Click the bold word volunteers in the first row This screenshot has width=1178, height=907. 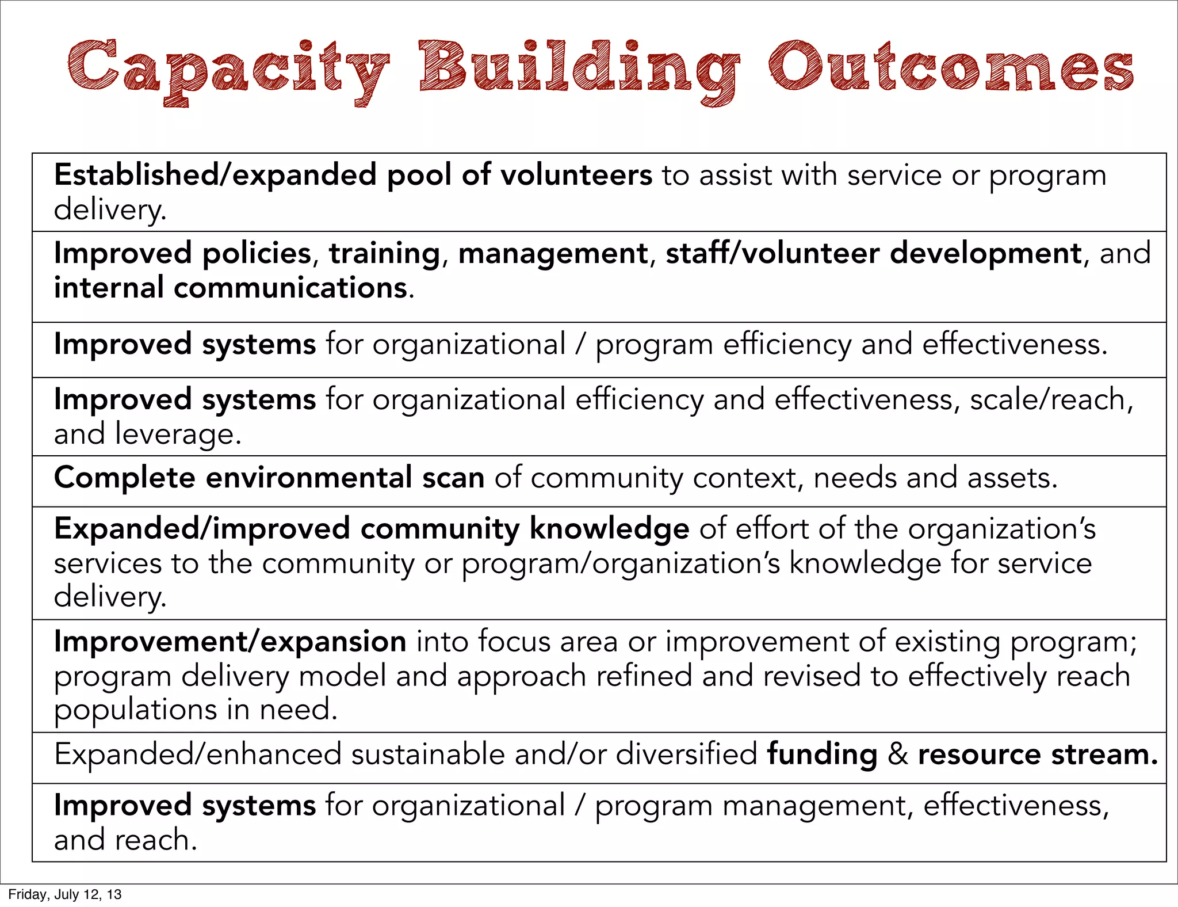tap(576, 175)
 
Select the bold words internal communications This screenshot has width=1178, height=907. tap(231, 287)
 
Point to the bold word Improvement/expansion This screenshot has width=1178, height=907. tap(230, 641)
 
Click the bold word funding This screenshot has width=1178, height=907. tap(822, 754)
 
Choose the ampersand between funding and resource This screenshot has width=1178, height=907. tap(897, 754)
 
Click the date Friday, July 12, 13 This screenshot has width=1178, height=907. tap(65, 894)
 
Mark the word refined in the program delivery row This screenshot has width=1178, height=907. tap(644, 676)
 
